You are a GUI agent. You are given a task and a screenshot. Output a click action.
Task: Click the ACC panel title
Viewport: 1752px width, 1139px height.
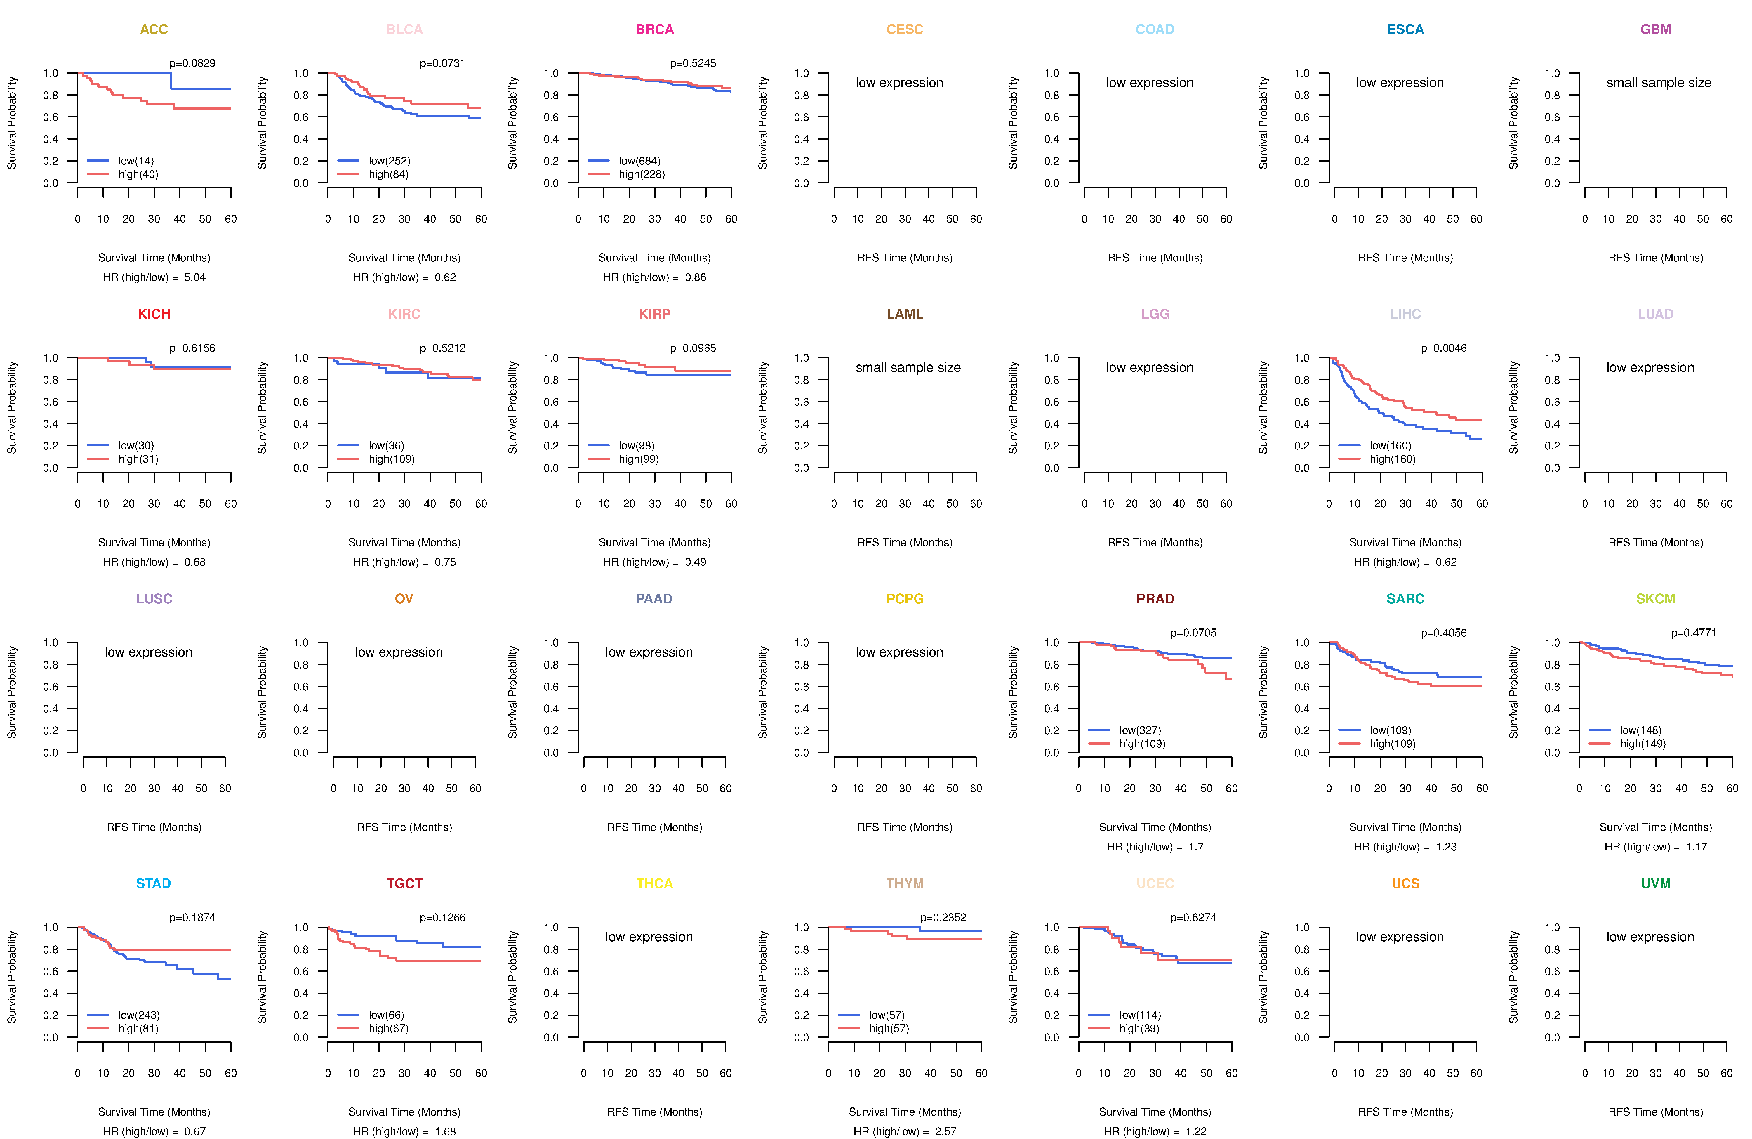(x=154, y=29)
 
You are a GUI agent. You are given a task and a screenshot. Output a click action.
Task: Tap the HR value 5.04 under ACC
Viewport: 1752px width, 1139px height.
(x=195, y=277)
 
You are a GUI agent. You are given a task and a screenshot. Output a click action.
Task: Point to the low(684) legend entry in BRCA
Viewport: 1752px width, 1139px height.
(x=640, y=161)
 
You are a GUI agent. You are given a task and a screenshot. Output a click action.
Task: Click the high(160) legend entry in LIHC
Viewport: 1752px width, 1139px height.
(x=1392, y=459)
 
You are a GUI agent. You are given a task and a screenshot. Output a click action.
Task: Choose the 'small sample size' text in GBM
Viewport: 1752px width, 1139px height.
(x=1659, y=82)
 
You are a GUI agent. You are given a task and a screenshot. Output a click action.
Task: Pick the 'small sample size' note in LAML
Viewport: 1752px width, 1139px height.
(x=908, y=367)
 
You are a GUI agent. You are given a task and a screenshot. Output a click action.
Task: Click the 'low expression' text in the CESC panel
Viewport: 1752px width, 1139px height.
(x=899, y=82)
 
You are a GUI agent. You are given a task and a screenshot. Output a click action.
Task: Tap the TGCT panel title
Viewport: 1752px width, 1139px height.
(x=404, y=883)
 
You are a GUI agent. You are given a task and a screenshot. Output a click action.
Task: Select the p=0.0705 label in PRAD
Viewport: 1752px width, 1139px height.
(x=1193, y=633)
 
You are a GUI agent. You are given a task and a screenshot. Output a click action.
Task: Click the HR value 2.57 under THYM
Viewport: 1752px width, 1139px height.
(x=946, y=1132)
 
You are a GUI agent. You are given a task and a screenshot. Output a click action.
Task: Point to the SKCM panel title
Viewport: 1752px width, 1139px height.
(x=1656, y=599)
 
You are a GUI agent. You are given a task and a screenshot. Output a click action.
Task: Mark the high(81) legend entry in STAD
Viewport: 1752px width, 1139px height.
(x=138, y=1029)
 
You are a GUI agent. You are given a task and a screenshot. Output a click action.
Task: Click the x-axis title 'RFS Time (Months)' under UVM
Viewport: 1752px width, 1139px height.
(x=1656, y=1112)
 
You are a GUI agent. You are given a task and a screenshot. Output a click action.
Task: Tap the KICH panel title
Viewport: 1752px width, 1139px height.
(x=154, y=314)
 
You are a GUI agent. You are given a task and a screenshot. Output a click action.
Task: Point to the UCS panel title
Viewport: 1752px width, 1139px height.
(x=1405, y=883)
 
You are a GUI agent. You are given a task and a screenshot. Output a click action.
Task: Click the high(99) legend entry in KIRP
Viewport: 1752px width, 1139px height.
(x=639, y=459)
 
